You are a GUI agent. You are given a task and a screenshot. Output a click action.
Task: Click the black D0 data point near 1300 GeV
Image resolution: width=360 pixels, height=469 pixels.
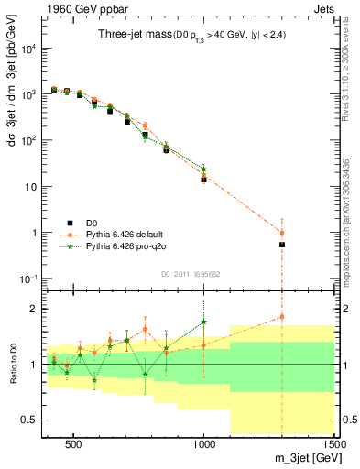[x=282, y=245]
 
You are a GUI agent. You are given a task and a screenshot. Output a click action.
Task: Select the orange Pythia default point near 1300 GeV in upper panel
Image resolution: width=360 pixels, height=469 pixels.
[x=282, y=233]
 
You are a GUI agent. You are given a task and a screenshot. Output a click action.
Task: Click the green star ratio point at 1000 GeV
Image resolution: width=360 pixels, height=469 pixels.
[x=203, y=322]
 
